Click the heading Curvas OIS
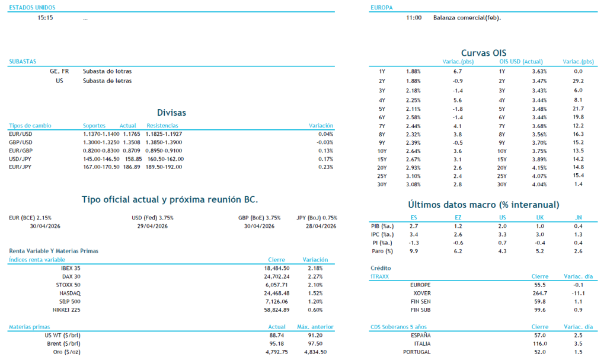point(483,53)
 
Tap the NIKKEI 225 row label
point(66,310)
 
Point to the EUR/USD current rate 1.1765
point(128,134)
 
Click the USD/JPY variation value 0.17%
point(325,159)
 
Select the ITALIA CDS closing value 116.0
point(539,343)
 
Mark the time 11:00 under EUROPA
point(414,18)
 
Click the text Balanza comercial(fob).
point(467,18)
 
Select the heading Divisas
point(171,112)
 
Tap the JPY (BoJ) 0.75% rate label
point(317,218)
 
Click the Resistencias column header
point(162,126)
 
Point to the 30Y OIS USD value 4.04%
point(539,184)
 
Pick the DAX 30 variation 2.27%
point(316,276)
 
